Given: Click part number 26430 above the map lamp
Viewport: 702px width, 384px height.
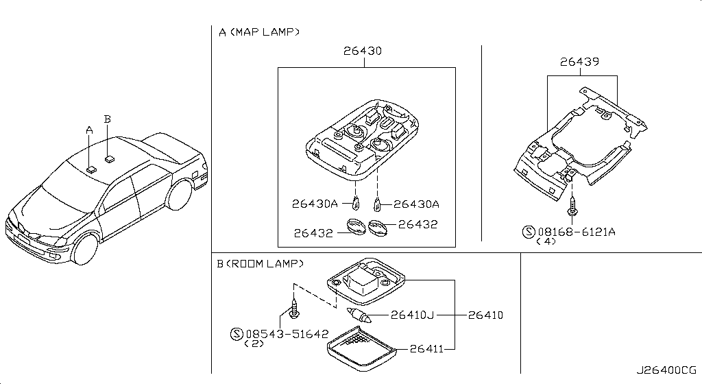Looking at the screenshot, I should [363, 51].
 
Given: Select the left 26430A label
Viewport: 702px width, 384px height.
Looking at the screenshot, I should [315, 204].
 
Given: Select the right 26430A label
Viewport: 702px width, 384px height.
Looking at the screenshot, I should [416, 204].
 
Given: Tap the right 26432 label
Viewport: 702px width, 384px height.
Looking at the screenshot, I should [417, 224].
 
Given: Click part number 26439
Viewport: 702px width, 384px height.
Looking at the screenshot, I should [580, 62].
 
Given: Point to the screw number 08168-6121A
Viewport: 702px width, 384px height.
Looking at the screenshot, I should [576, 232].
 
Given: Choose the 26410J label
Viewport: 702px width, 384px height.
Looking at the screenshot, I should [413, 315].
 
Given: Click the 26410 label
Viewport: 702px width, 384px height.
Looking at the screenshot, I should [485, 315].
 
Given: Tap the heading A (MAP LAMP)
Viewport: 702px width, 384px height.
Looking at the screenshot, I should [259, 32].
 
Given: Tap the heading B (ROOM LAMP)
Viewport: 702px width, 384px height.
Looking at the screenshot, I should [261, 263].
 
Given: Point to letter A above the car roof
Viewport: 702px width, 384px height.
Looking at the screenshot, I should [88, 129].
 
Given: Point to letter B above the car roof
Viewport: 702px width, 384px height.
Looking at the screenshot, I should [107, 119].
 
